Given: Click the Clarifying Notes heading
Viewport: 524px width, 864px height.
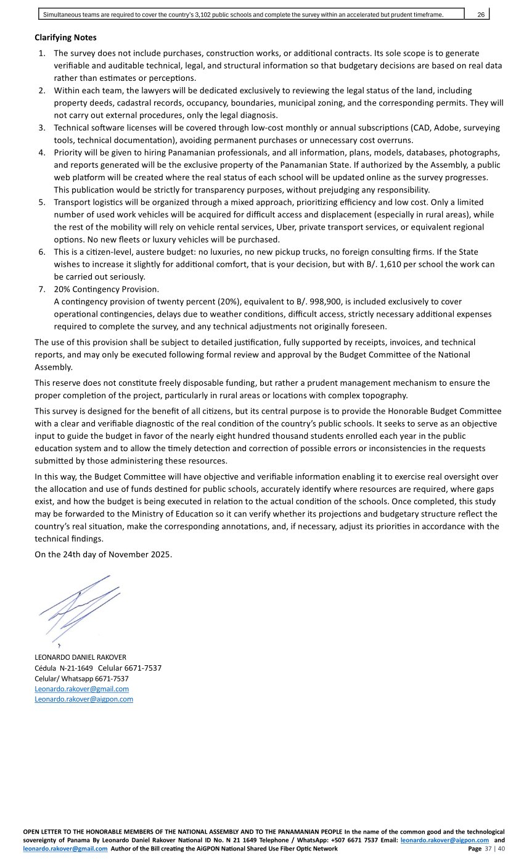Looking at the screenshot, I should point(65,38).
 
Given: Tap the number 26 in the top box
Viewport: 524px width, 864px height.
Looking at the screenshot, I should point(481,15).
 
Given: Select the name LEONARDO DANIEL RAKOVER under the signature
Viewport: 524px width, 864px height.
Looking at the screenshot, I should point(80,657).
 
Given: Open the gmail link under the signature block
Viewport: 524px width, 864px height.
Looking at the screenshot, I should point(81,689).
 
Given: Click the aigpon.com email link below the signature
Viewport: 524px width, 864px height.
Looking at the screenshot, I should point(84,699).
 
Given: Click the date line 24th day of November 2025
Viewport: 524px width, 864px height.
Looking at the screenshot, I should point(104,554).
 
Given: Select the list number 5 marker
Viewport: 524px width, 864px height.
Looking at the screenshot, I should point(42,202).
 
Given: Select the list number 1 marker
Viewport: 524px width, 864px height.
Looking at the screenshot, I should point(42,54).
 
